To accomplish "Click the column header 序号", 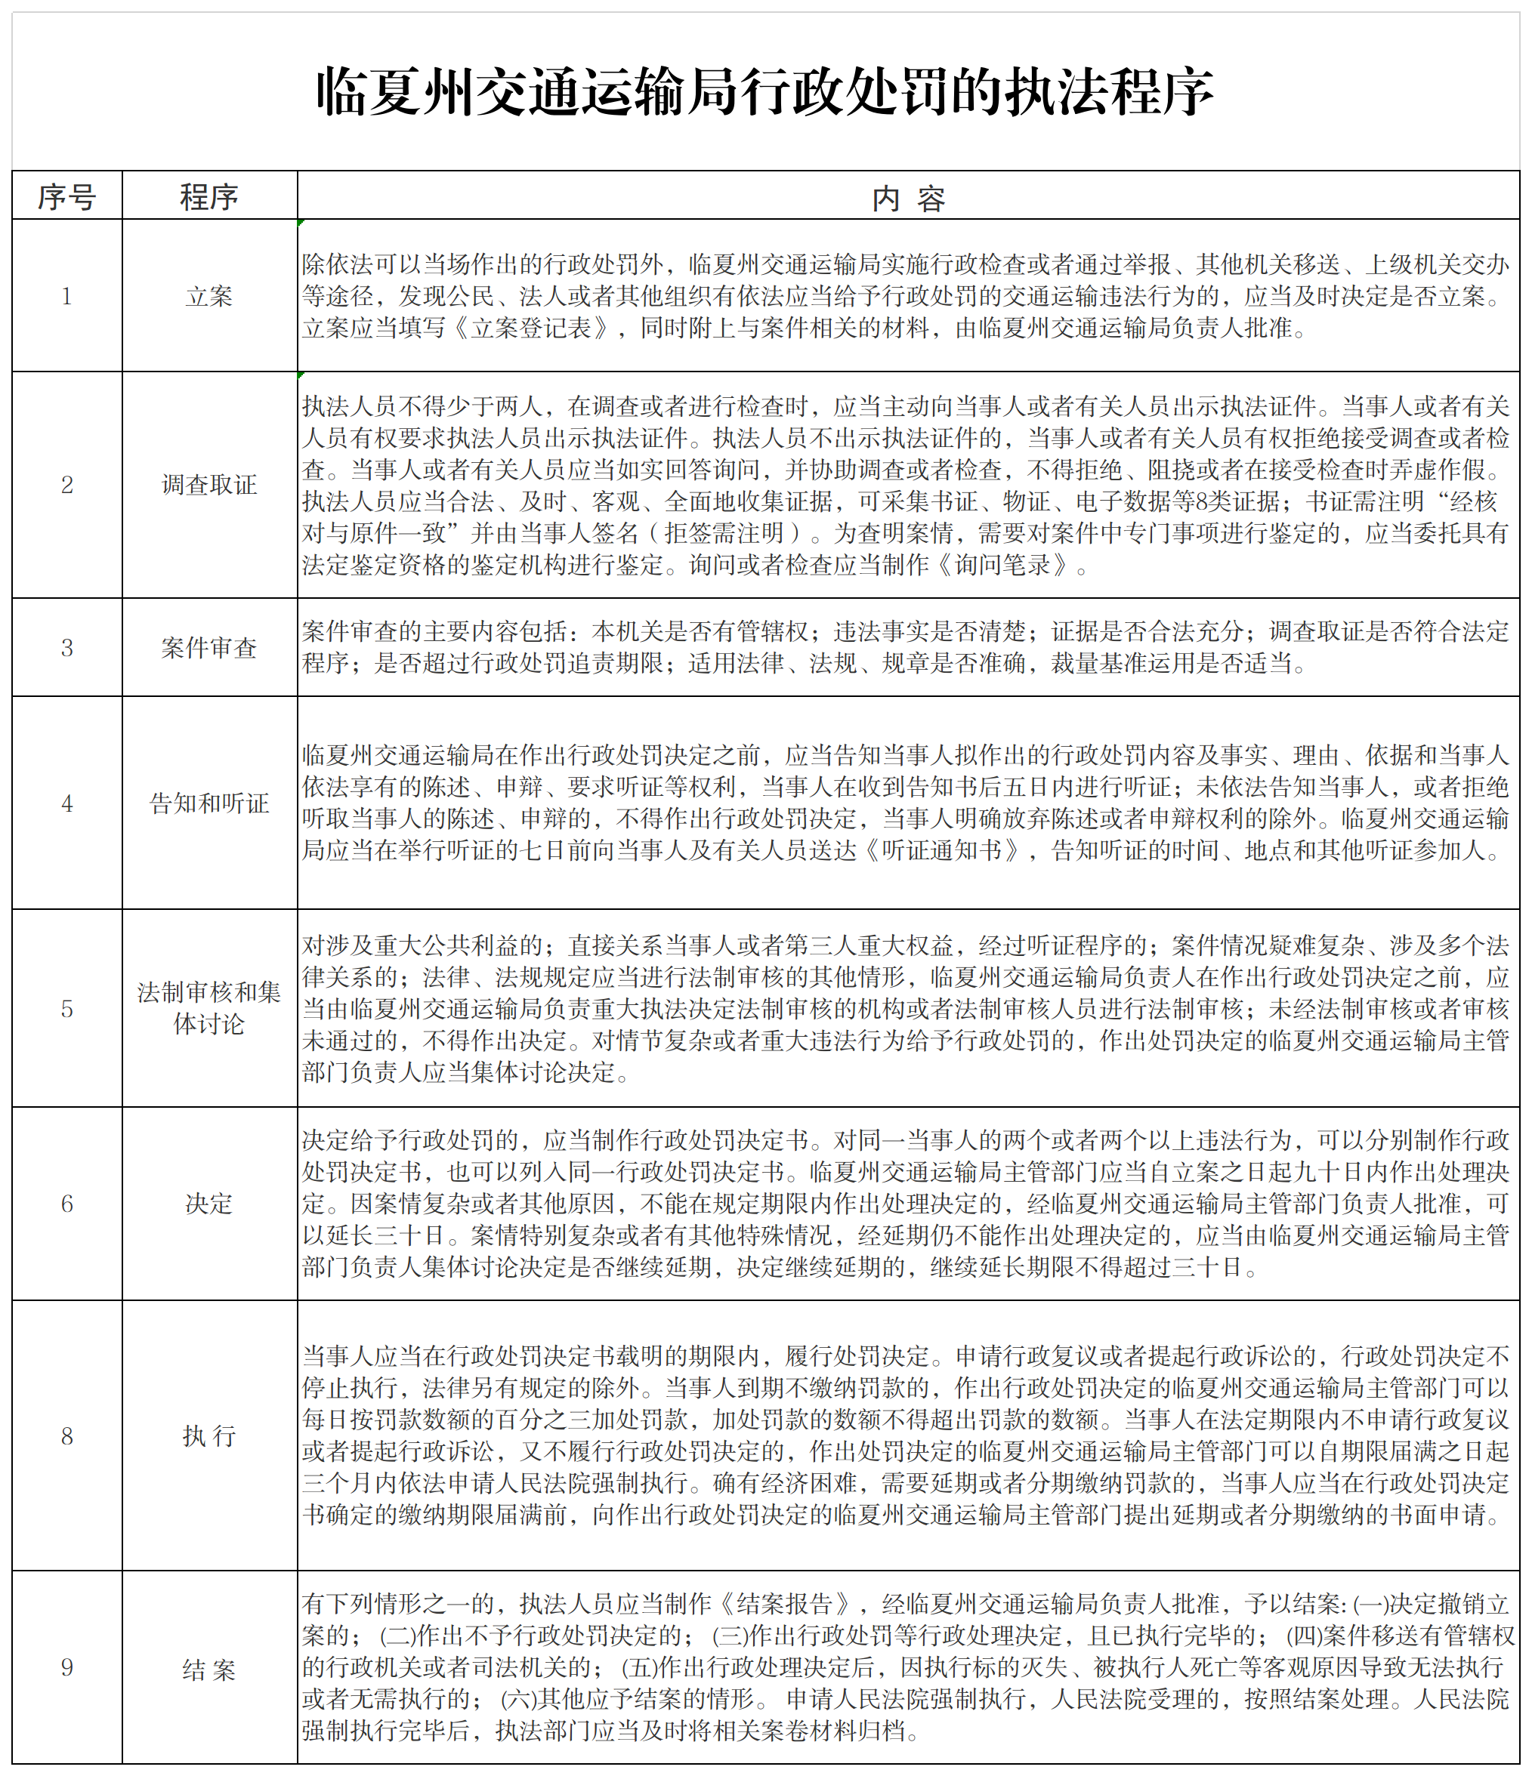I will [67, 197].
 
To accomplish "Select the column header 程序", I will [209, 197].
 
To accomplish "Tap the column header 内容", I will [908, 198].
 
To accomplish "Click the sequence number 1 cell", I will [67, 297].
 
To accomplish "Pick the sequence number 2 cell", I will [67, 485].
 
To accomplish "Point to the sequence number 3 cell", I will [67, 648].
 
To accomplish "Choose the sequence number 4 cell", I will [67, 803].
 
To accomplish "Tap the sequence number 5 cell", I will [67, 1009].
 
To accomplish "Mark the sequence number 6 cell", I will [67, 1204].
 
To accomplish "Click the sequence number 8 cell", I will [67, 1436].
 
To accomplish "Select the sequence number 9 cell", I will [67, 1668].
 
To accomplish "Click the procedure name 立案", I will [209, 297].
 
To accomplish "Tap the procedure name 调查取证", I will [209, 485].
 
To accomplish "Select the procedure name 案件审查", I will [209, 648].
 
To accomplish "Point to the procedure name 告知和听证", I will [209, 803].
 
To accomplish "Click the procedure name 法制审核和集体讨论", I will [209, 1008].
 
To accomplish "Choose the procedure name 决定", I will [209, 1204].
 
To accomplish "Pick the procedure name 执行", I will [209, 1436].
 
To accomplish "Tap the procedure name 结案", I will [209, 1669].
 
